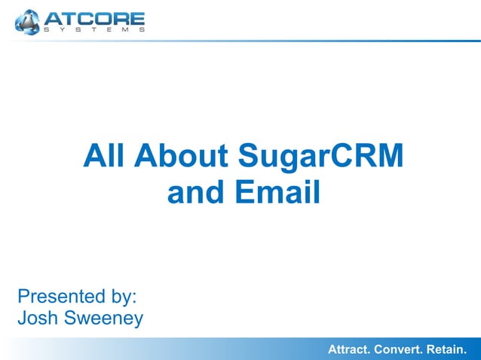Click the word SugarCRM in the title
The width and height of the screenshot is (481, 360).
point(320,157)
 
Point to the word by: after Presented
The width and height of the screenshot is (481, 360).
point(124,296)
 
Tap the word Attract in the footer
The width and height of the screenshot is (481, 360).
point(351,349)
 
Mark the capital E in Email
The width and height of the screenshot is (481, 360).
point(244,192)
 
